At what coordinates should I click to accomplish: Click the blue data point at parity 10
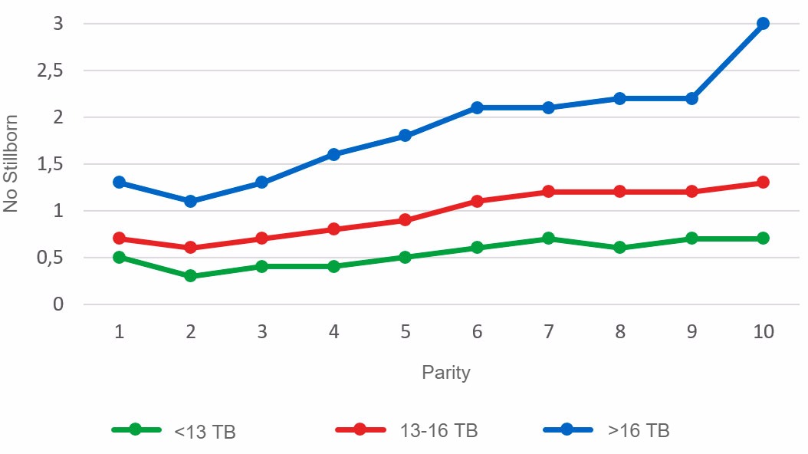pyautogui.click(x=763, y=24)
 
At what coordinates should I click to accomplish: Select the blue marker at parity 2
pyautogui.click(x=190, y=201)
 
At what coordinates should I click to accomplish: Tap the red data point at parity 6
pyautogui.click(x=477, y=201)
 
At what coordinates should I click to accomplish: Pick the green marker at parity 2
pyautogui.click(x=190, y=276)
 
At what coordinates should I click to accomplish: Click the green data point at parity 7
pyautogui.click(x=548, y=239)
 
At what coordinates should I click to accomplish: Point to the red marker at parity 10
pyautogui.click(x=763, y=183)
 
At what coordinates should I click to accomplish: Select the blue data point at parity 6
pyautogui.click(x=477, y=107)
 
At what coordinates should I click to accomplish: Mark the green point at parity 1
pyautogui.click(x=119, y=257)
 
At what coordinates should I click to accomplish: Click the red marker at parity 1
pyautogui.click(x=119, y=239)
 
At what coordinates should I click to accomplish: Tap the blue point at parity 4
pyautogui.click(x=333, y=154)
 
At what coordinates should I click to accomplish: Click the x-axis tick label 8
pyautogui.click(x=619, y=332)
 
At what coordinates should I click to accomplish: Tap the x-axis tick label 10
pyautogui.click(x=763, y=332)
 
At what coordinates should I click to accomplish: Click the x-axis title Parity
pyautogui.click(x=445, y=373)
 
